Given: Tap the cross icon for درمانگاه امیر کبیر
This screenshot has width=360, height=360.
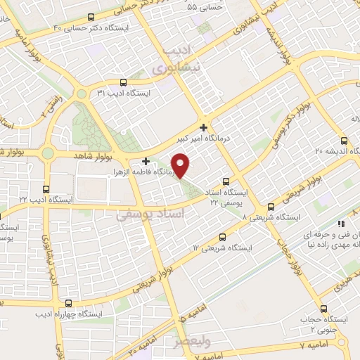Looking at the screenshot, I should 203,127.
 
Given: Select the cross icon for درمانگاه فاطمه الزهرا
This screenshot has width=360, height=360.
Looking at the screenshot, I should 146,160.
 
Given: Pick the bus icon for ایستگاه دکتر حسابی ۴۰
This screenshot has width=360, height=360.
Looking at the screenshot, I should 91,18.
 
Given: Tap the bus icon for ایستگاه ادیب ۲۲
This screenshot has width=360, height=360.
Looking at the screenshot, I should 46,188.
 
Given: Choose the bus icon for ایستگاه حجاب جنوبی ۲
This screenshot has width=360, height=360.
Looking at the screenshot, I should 323,309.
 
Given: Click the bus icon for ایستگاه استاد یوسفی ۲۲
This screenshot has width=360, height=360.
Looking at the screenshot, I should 225,180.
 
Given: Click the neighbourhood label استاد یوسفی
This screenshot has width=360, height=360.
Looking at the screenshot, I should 150,214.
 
